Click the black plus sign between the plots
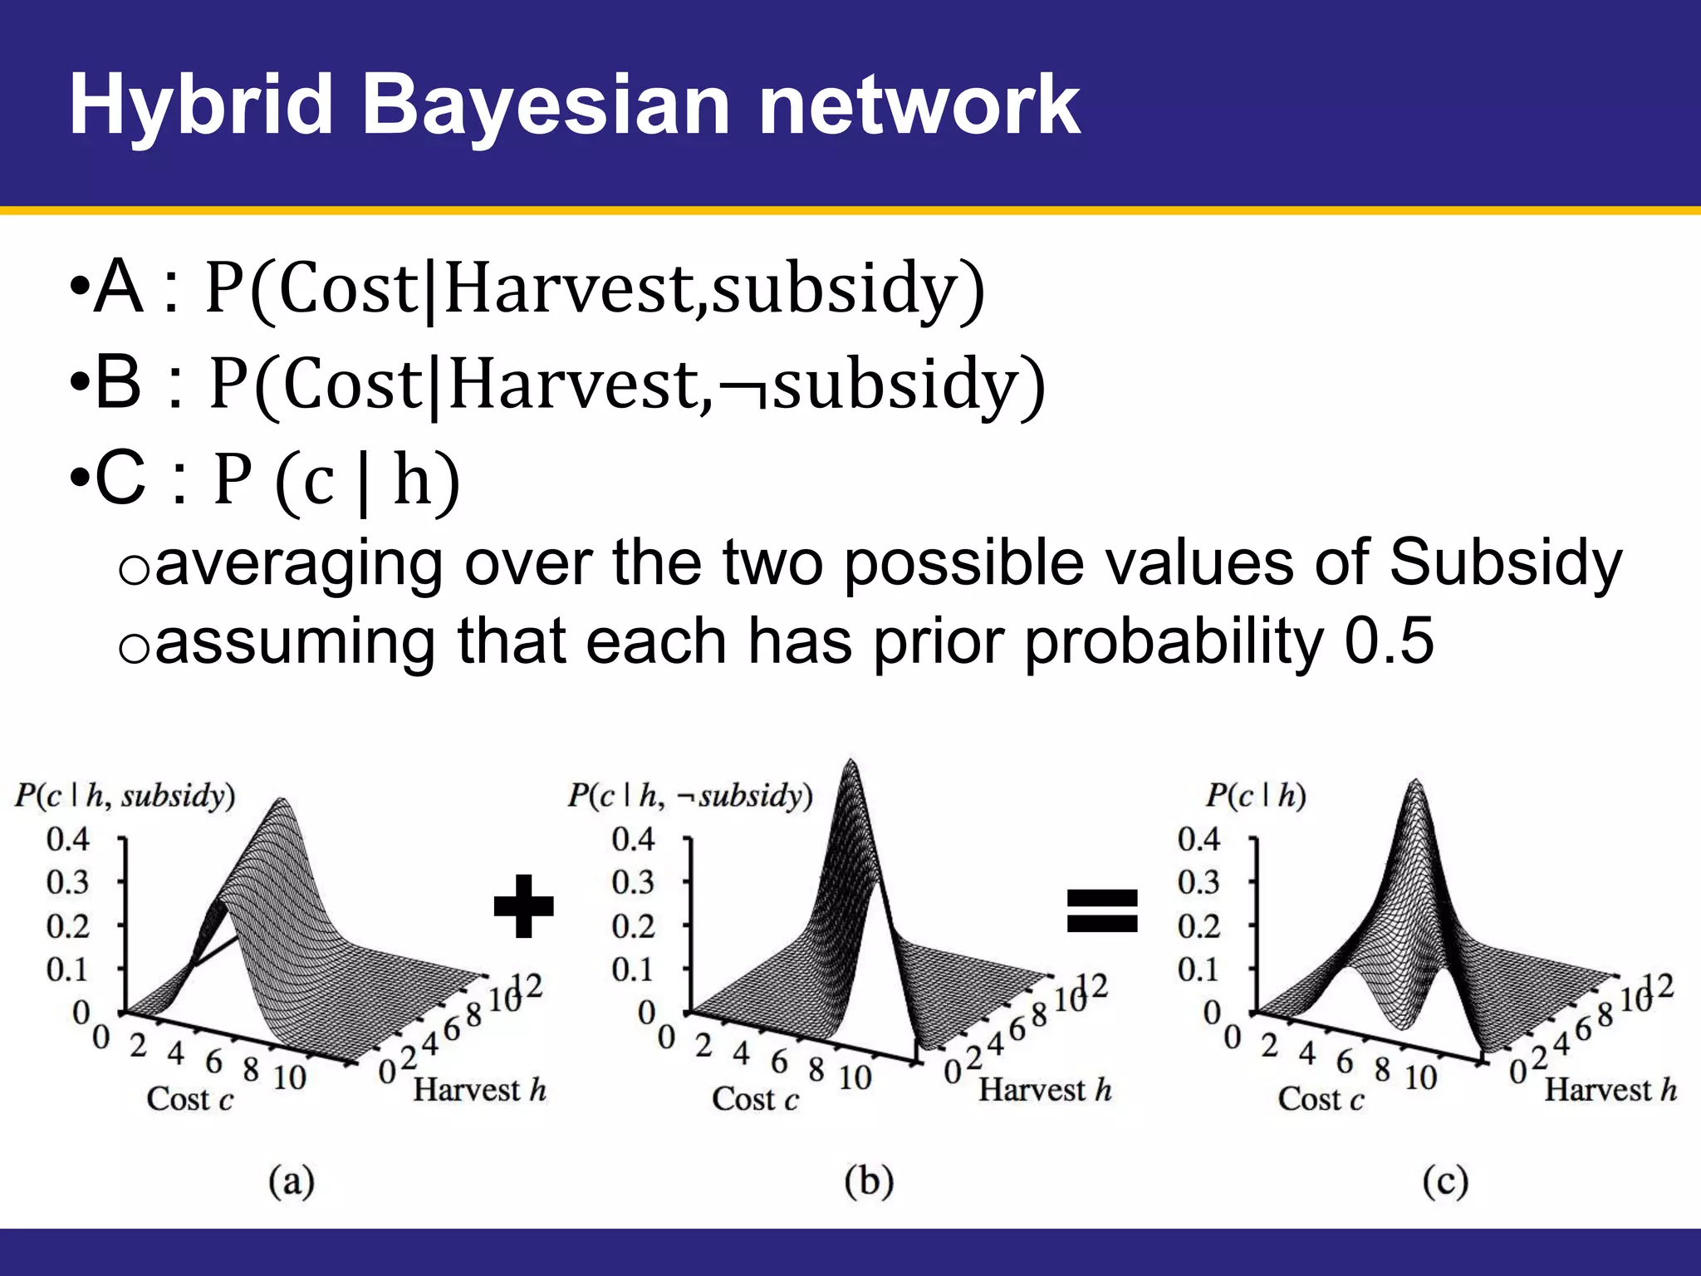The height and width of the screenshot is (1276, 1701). click(523, 906)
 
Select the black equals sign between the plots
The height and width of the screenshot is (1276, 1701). click(1102, 910)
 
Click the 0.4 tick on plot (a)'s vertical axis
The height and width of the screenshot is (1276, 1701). click(67, 839)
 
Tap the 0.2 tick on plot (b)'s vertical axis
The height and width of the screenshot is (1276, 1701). click(633, 925)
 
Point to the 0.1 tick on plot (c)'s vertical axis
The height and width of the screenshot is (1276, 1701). click(1198, 969)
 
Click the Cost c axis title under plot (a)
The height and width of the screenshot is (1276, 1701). click(190, 1099)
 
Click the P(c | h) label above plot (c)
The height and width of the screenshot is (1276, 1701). click(1256, 796)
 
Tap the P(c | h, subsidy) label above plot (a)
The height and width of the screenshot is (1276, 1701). click(125, 796)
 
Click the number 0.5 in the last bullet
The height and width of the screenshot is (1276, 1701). click(1389, 640)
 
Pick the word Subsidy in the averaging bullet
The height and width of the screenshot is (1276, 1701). click(1505, 562)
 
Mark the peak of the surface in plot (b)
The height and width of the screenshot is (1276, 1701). click(850, 763)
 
